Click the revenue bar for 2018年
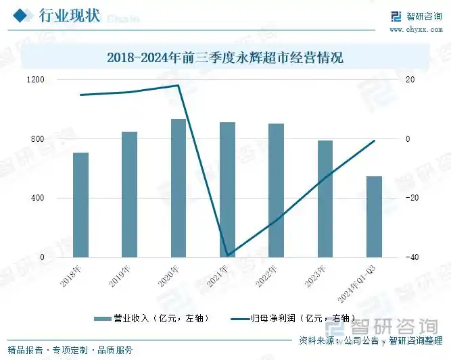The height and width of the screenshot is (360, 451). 81,205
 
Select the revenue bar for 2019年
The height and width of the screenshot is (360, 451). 130,195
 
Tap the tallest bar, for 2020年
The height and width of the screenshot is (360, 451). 179,188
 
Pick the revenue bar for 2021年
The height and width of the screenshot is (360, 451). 227,190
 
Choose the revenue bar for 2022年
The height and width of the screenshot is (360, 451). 276,190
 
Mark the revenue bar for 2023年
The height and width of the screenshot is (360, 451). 325,199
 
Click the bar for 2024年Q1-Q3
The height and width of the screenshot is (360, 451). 374,217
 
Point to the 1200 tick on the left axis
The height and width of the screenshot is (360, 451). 36,80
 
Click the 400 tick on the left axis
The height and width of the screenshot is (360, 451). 38,199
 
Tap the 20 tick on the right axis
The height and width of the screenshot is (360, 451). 409,80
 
